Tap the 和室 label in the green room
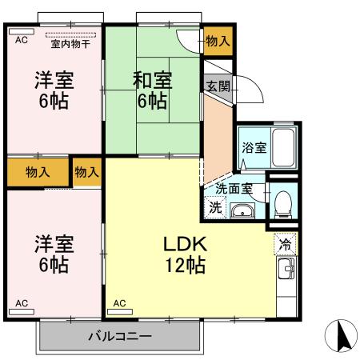coord(152,80)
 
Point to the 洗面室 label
coord(234,190)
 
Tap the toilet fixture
coord(280,203)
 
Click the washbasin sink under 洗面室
coord(242,211)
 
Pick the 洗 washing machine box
coord(214,207)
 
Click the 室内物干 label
coord(70,44)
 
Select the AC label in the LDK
coord(119,303)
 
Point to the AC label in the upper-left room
coord(21,39)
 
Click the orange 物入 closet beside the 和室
coord(217,41)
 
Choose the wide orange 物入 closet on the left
coord(37,172)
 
